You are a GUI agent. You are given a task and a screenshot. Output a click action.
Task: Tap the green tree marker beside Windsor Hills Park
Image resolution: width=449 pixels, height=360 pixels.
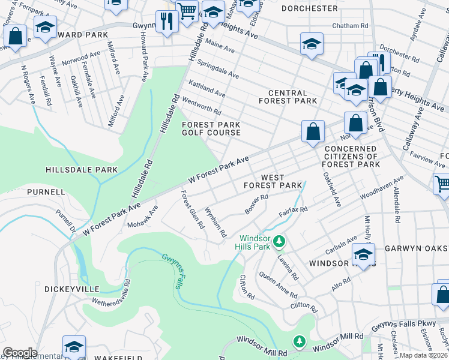[279, 242]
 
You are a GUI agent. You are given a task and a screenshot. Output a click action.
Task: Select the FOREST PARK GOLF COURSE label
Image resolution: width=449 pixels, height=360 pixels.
[211, 128]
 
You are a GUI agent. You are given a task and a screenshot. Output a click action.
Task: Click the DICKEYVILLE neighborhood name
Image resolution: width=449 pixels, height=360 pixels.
[67, 289]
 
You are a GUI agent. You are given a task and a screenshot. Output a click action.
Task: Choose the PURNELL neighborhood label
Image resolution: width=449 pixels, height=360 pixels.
[46, 192]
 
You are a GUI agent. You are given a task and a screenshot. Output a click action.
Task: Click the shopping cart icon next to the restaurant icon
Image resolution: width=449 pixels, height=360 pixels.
[187, 10]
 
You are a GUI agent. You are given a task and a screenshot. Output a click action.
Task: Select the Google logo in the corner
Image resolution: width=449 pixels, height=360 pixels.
[19, 353]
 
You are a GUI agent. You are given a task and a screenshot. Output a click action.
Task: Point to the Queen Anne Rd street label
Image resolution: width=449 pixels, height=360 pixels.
[278, 285]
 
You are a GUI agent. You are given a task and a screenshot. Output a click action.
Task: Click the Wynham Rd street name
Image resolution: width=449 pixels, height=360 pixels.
[215, 221]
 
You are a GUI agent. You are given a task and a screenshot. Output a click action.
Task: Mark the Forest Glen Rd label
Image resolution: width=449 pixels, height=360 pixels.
[193, 210]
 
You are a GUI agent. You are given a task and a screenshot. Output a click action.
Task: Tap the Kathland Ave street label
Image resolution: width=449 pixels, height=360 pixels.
[206, 90]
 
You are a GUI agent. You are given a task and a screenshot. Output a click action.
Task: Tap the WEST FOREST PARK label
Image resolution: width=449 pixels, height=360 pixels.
[273, 181]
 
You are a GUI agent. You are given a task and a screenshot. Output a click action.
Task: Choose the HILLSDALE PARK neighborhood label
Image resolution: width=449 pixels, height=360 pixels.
[81, 170]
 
